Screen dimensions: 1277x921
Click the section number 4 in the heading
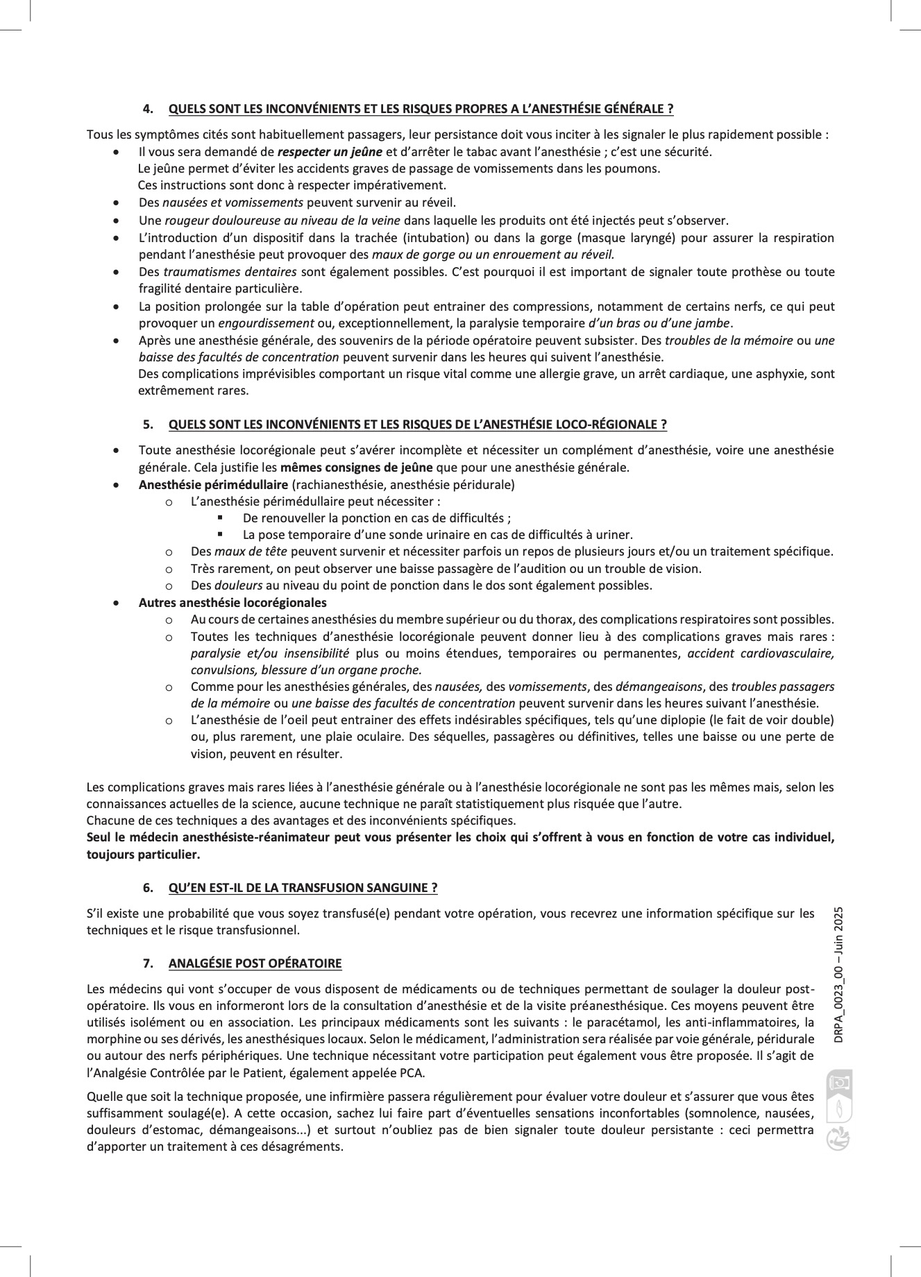tap(147, 109)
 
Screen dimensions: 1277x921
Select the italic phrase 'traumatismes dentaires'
tap(230, 272)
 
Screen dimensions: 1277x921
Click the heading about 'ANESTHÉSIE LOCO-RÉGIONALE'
tap(417, 425)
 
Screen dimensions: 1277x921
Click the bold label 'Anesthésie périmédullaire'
tap(213, 485)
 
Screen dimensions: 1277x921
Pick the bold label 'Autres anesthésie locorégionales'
tap(233, 603)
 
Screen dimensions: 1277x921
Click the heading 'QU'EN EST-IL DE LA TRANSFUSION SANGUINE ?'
tap(303, 888)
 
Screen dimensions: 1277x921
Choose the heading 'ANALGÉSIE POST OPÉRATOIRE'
tap(255, 963)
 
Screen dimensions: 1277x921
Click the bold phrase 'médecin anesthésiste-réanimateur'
tap(246, 837)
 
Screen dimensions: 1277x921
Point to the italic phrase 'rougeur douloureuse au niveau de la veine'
tap(282, 221)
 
